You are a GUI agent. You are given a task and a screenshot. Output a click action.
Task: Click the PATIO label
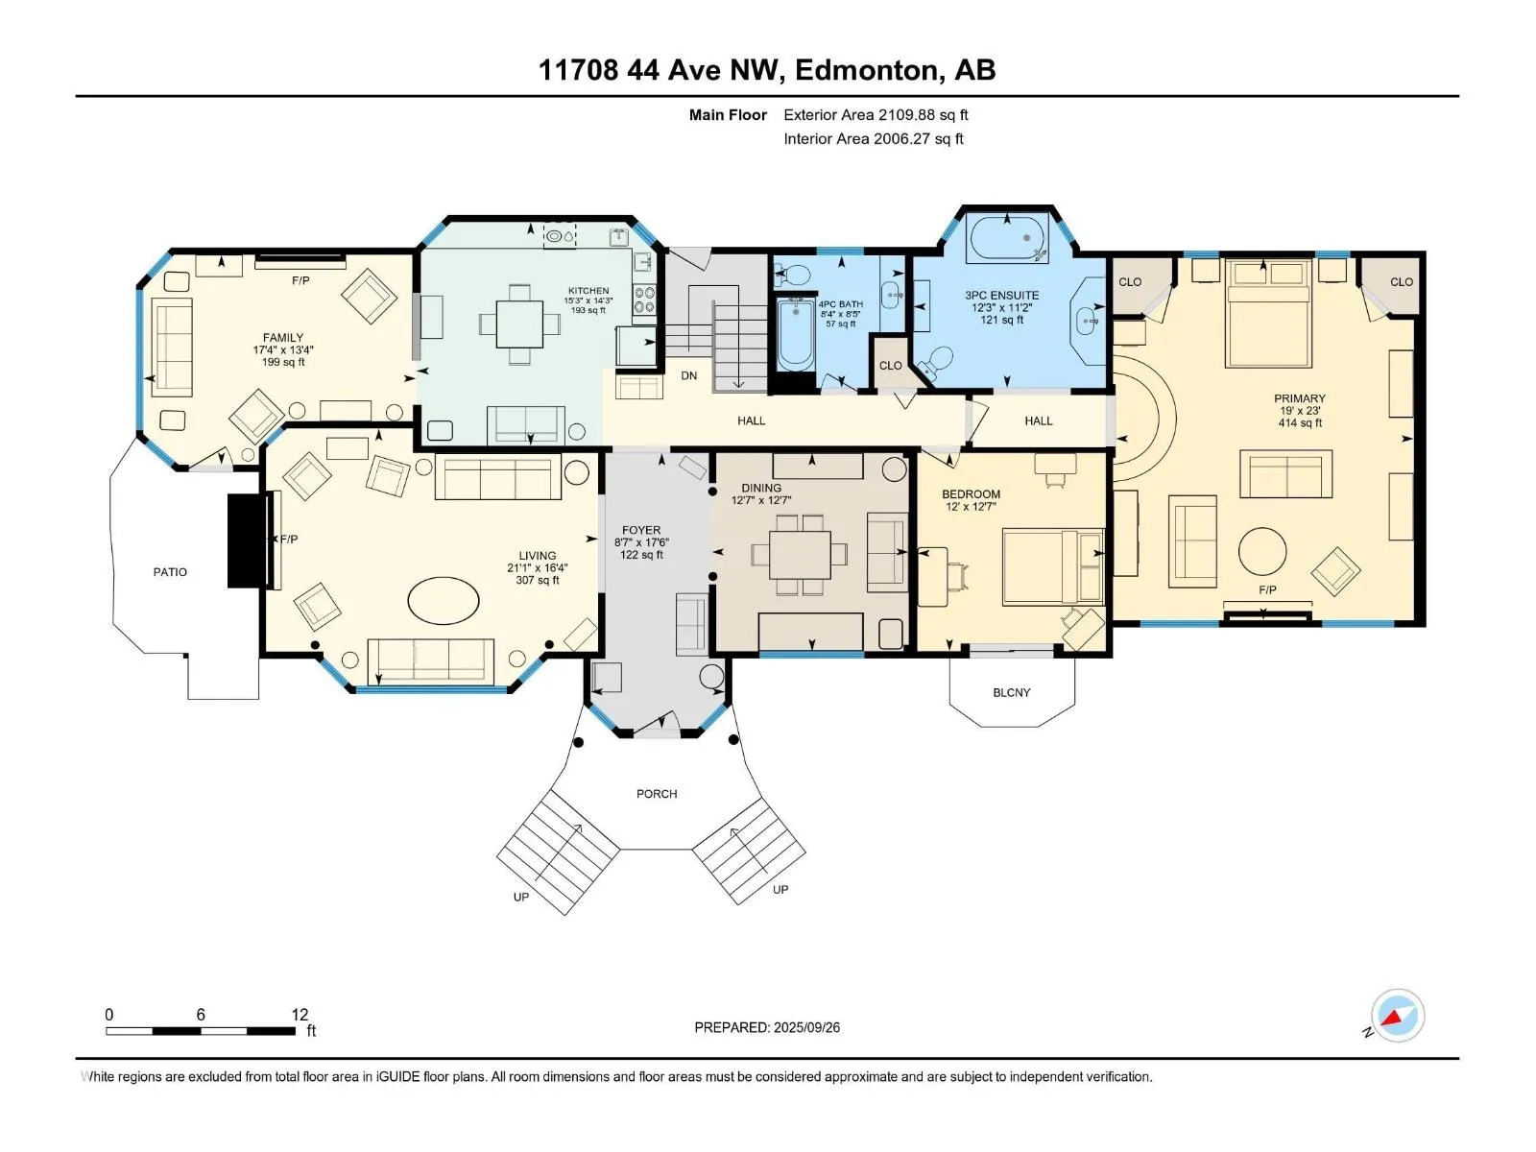tap(170, 572)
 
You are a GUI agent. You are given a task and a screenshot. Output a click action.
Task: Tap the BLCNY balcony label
tap(1011, 692)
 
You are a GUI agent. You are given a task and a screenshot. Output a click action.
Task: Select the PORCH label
tap(657, 794)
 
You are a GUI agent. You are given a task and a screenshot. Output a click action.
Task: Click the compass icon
tap(1398, 1016)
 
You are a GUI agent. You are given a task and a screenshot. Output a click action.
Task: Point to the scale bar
tap(201, 1030)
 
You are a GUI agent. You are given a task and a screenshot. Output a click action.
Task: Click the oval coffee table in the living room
tap(444, 600)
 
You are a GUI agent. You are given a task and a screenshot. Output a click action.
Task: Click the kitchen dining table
tap(519, 324)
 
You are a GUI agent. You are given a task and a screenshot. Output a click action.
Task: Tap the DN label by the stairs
tap(688, 375)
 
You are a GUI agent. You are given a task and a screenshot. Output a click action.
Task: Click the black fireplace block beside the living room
tap(249, 540)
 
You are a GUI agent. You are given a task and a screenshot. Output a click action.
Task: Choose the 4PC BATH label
tap(840, 304)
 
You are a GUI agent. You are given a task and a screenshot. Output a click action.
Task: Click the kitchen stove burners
tap(644, 300)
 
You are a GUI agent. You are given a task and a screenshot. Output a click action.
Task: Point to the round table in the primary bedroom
tap(1261, 551)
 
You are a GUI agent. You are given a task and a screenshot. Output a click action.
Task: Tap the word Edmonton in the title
tap(866, 70)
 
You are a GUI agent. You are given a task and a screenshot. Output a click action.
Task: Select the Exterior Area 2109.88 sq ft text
tap(876, 114)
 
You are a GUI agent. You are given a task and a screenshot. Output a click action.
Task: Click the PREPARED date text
tap(767, 1027)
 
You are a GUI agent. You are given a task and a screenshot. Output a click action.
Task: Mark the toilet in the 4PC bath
tap(793, 275)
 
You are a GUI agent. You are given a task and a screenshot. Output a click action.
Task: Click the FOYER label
tap(641, 530)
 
